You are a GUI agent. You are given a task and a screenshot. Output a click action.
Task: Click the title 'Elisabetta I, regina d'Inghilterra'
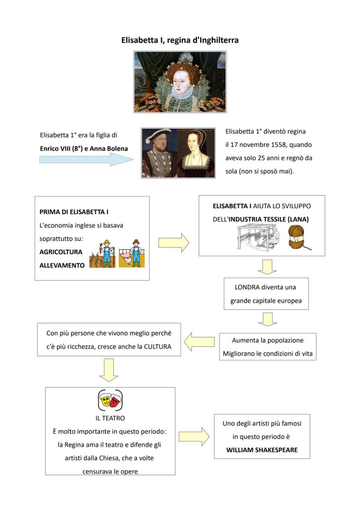click(x=180, y=40)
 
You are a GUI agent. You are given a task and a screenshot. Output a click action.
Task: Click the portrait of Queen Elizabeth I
click(x=180, y=82)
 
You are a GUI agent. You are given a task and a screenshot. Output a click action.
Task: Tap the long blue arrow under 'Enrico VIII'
click(x=86, y=160)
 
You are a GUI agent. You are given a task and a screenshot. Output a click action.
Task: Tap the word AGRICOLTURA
click(x=61, y=252)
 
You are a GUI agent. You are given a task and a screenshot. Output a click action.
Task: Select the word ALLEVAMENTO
click(x=62, y=265)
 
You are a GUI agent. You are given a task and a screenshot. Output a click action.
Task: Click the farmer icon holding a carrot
click(x=103, y=254)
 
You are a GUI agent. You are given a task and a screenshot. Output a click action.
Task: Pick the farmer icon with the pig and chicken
click(x=132, y=254)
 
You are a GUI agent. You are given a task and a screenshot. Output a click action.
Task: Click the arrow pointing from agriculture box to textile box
click(x=173, y=243)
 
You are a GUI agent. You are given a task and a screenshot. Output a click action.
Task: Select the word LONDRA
click(x=247, y=287)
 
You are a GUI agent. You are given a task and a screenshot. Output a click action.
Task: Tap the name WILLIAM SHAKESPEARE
click(x=262, y=450)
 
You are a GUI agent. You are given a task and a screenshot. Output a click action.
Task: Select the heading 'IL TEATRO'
click(x=110, y=418)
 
